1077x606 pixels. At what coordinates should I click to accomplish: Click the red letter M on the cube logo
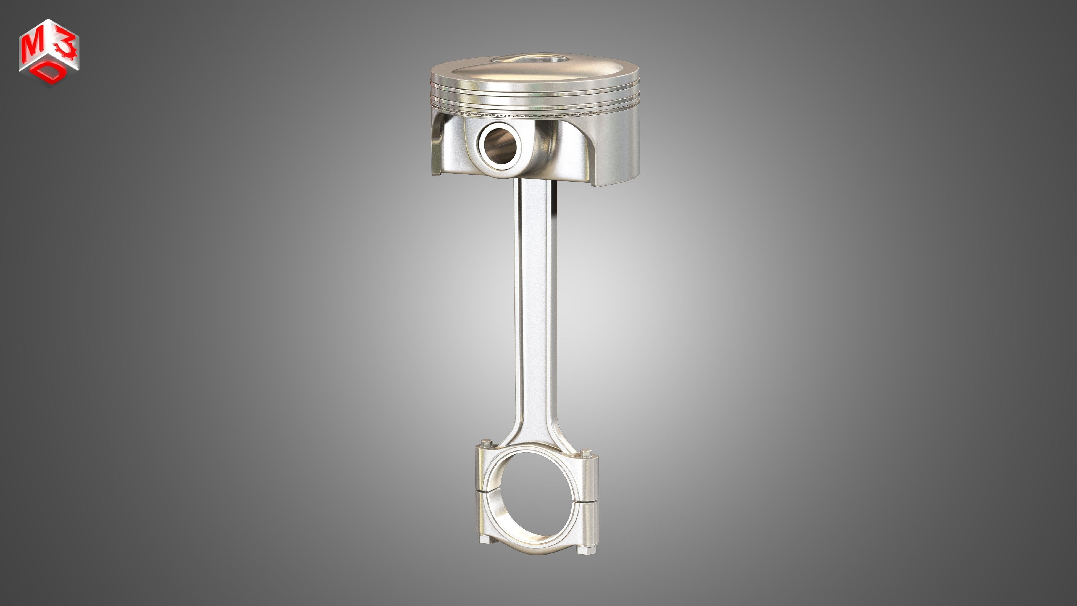33,48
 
